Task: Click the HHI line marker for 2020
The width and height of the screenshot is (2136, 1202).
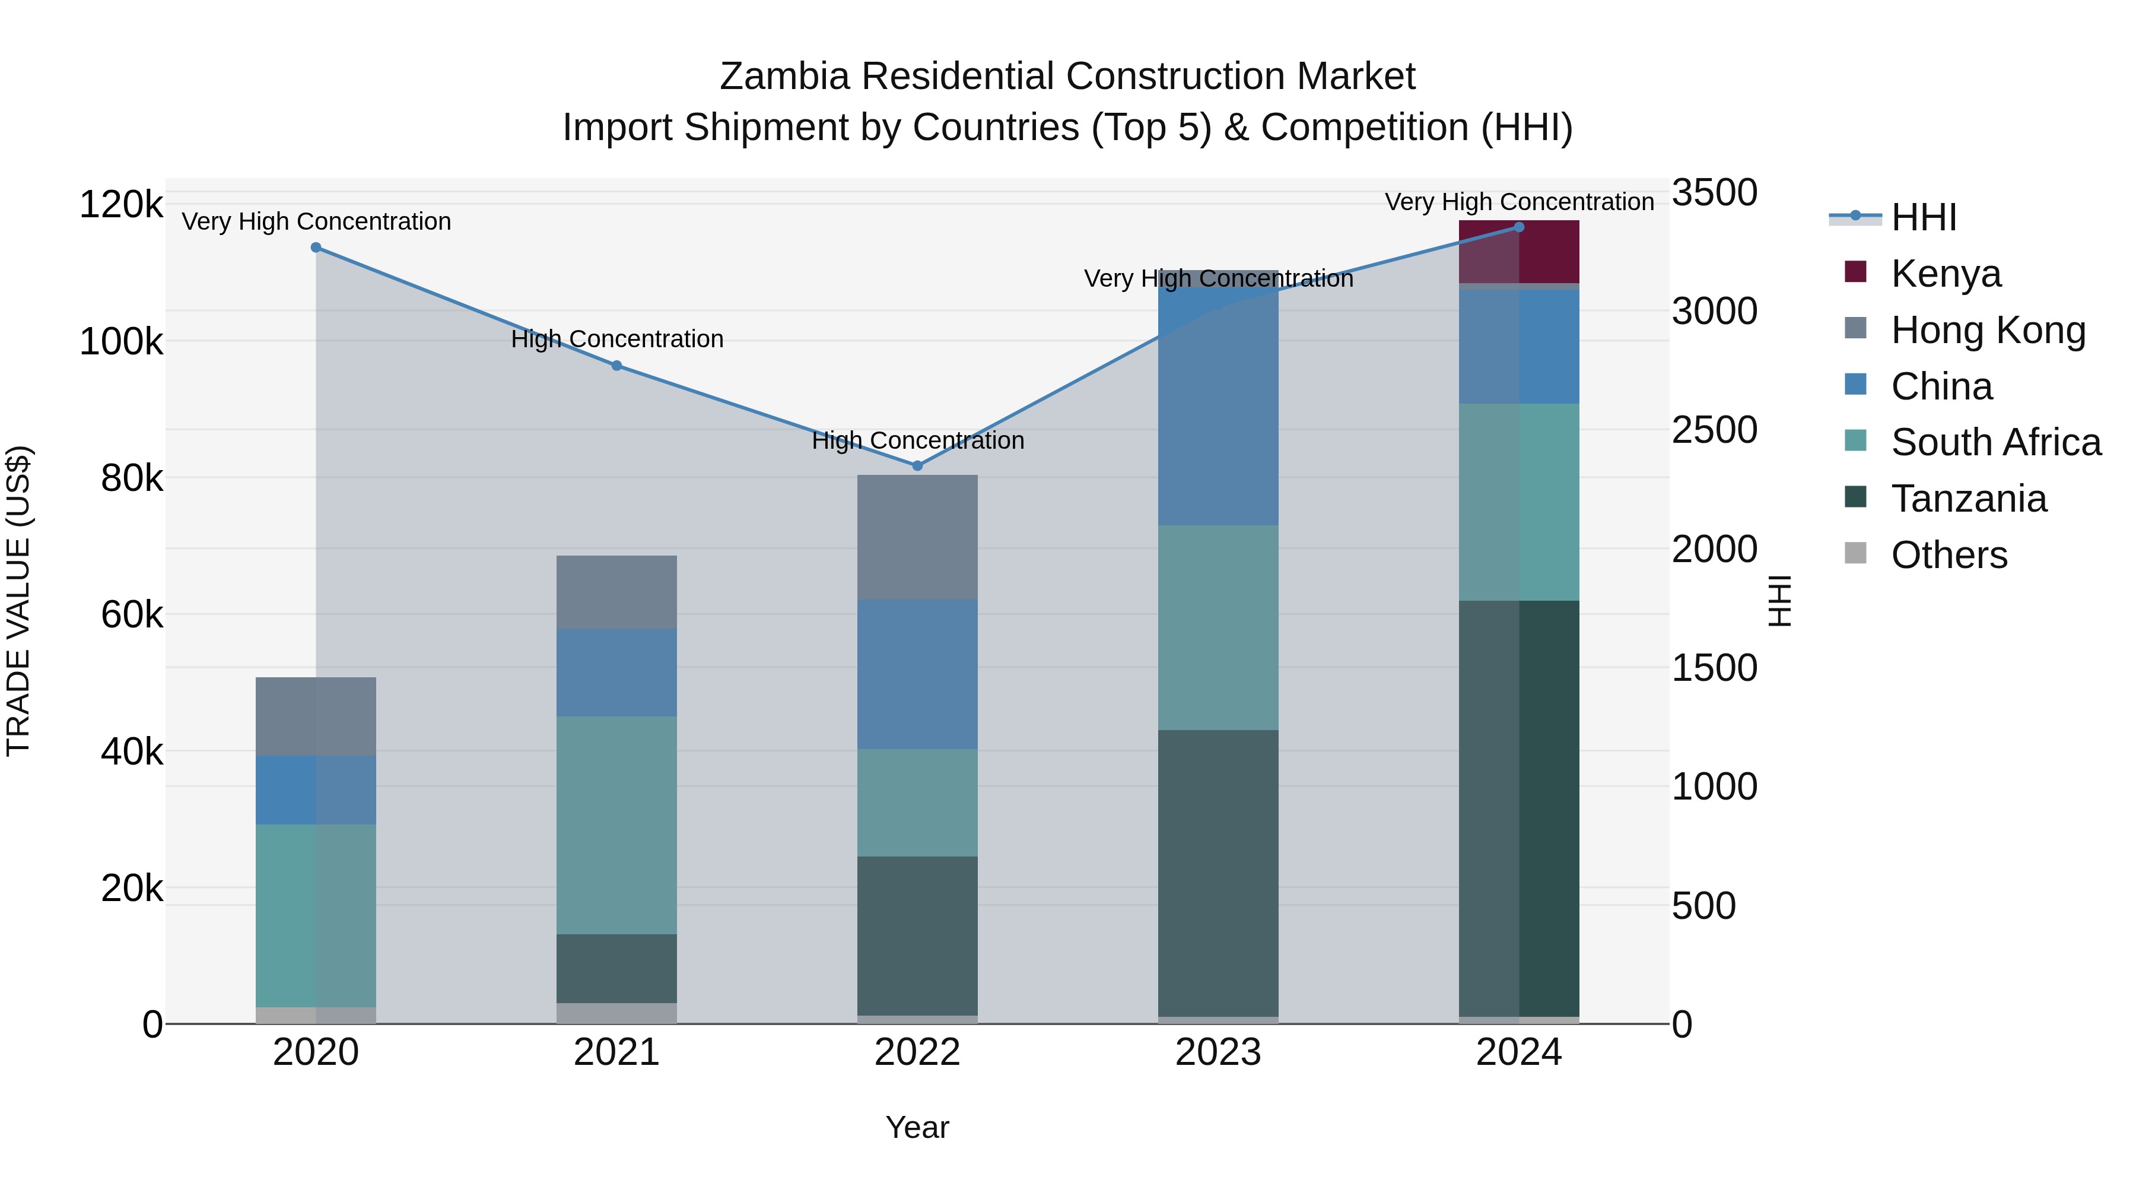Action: [x=316, y=247]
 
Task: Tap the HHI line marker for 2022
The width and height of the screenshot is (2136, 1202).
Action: [x=917, y=466]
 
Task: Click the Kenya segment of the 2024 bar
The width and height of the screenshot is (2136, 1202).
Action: [x=1519, y=252]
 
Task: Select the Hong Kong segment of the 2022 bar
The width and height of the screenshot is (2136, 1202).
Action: [x=917, y=538]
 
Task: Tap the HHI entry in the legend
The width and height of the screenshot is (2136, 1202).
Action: [x=1923, y=217]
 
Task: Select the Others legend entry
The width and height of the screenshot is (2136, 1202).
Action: [x=1948, y=555]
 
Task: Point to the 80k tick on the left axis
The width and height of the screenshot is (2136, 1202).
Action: [x=131, y=478]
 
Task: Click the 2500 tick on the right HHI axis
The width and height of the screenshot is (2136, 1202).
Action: [x=1713, y=430]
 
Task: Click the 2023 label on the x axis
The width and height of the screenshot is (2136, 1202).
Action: [x=1218, y=1052]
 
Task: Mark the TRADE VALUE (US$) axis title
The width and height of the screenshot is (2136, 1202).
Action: [x=18, y=601]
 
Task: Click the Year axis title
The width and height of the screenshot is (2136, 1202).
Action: [x=917, y=1127]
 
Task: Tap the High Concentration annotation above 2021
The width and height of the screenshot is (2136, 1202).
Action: [x=617, y=340]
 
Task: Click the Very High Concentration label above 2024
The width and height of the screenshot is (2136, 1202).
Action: [x=1519, y=202]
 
